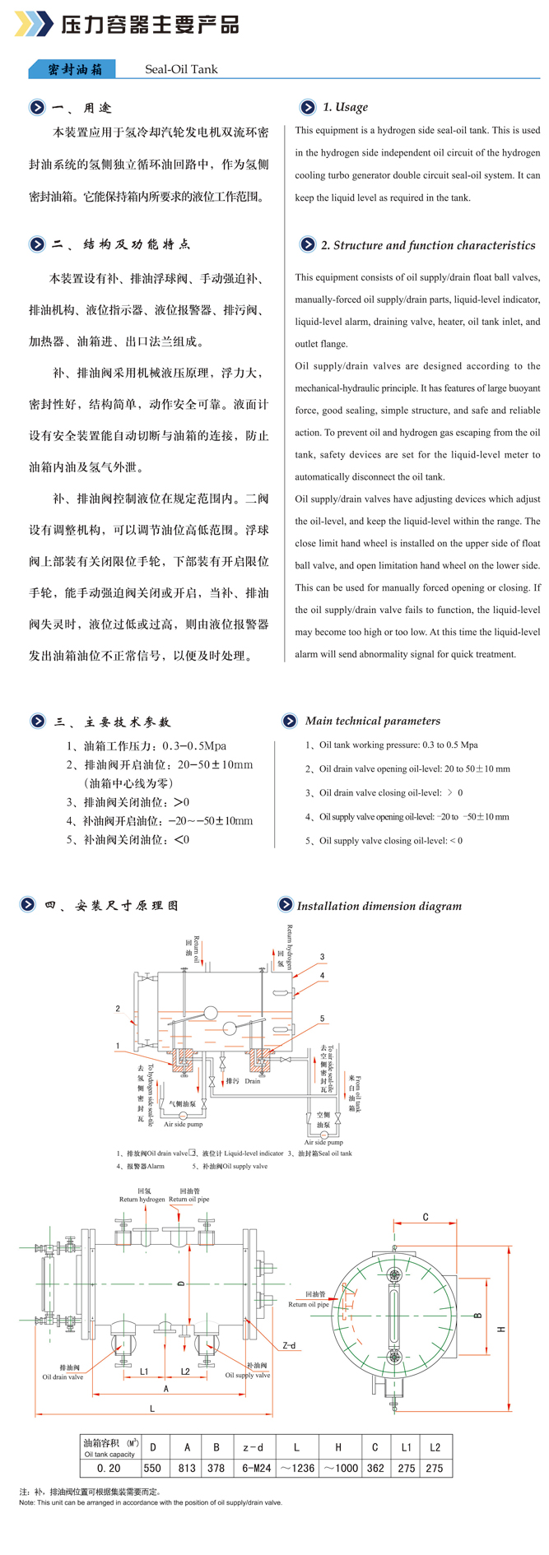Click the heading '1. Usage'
[x=345, y=107]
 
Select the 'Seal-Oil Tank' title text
[x=181, y=69]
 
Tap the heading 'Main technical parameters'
[x=372, y=721]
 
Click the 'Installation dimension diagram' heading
[x=379, y=906]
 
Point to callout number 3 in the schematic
[x=322, y=957]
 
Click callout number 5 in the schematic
[x=322, y=1019]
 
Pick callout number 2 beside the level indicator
[x=118, y=1009]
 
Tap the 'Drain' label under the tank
[x=252, y=1081]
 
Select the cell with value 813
[x=187, y=1467]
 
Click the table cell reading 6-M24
[x=253, y=1467]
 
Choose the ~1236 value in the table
[x=296, y=1467]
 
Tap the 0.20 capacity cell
[x=109, y=1467]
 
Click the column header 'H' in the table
[x=338, y=1447]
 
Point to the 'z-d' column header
[x=253, y=1447]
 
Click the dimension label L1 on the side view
[x=144, y=1371]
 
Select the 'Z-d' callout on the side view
[x=289, y=1346]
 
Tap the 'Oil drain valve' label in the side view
[x=63, y=1376]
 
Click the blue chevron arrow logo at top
[x=33, y=24]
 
